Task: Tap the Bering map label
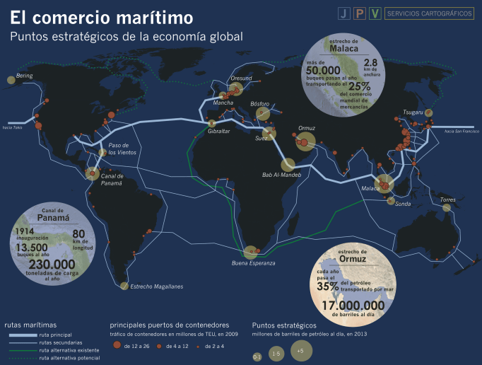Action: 25,75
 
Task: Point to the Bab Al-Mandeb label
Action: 281,175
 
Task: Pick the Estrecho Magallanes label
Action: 157,286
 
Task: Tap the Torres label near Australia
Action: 447,200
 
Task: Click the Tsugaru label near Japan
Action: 413,112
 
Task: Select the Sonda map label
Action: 403,204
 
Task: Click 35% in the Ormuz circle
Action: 327,286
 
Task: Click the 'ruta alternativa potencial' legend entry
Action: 70,359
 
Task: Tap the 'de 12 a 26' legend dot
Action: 117,346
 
